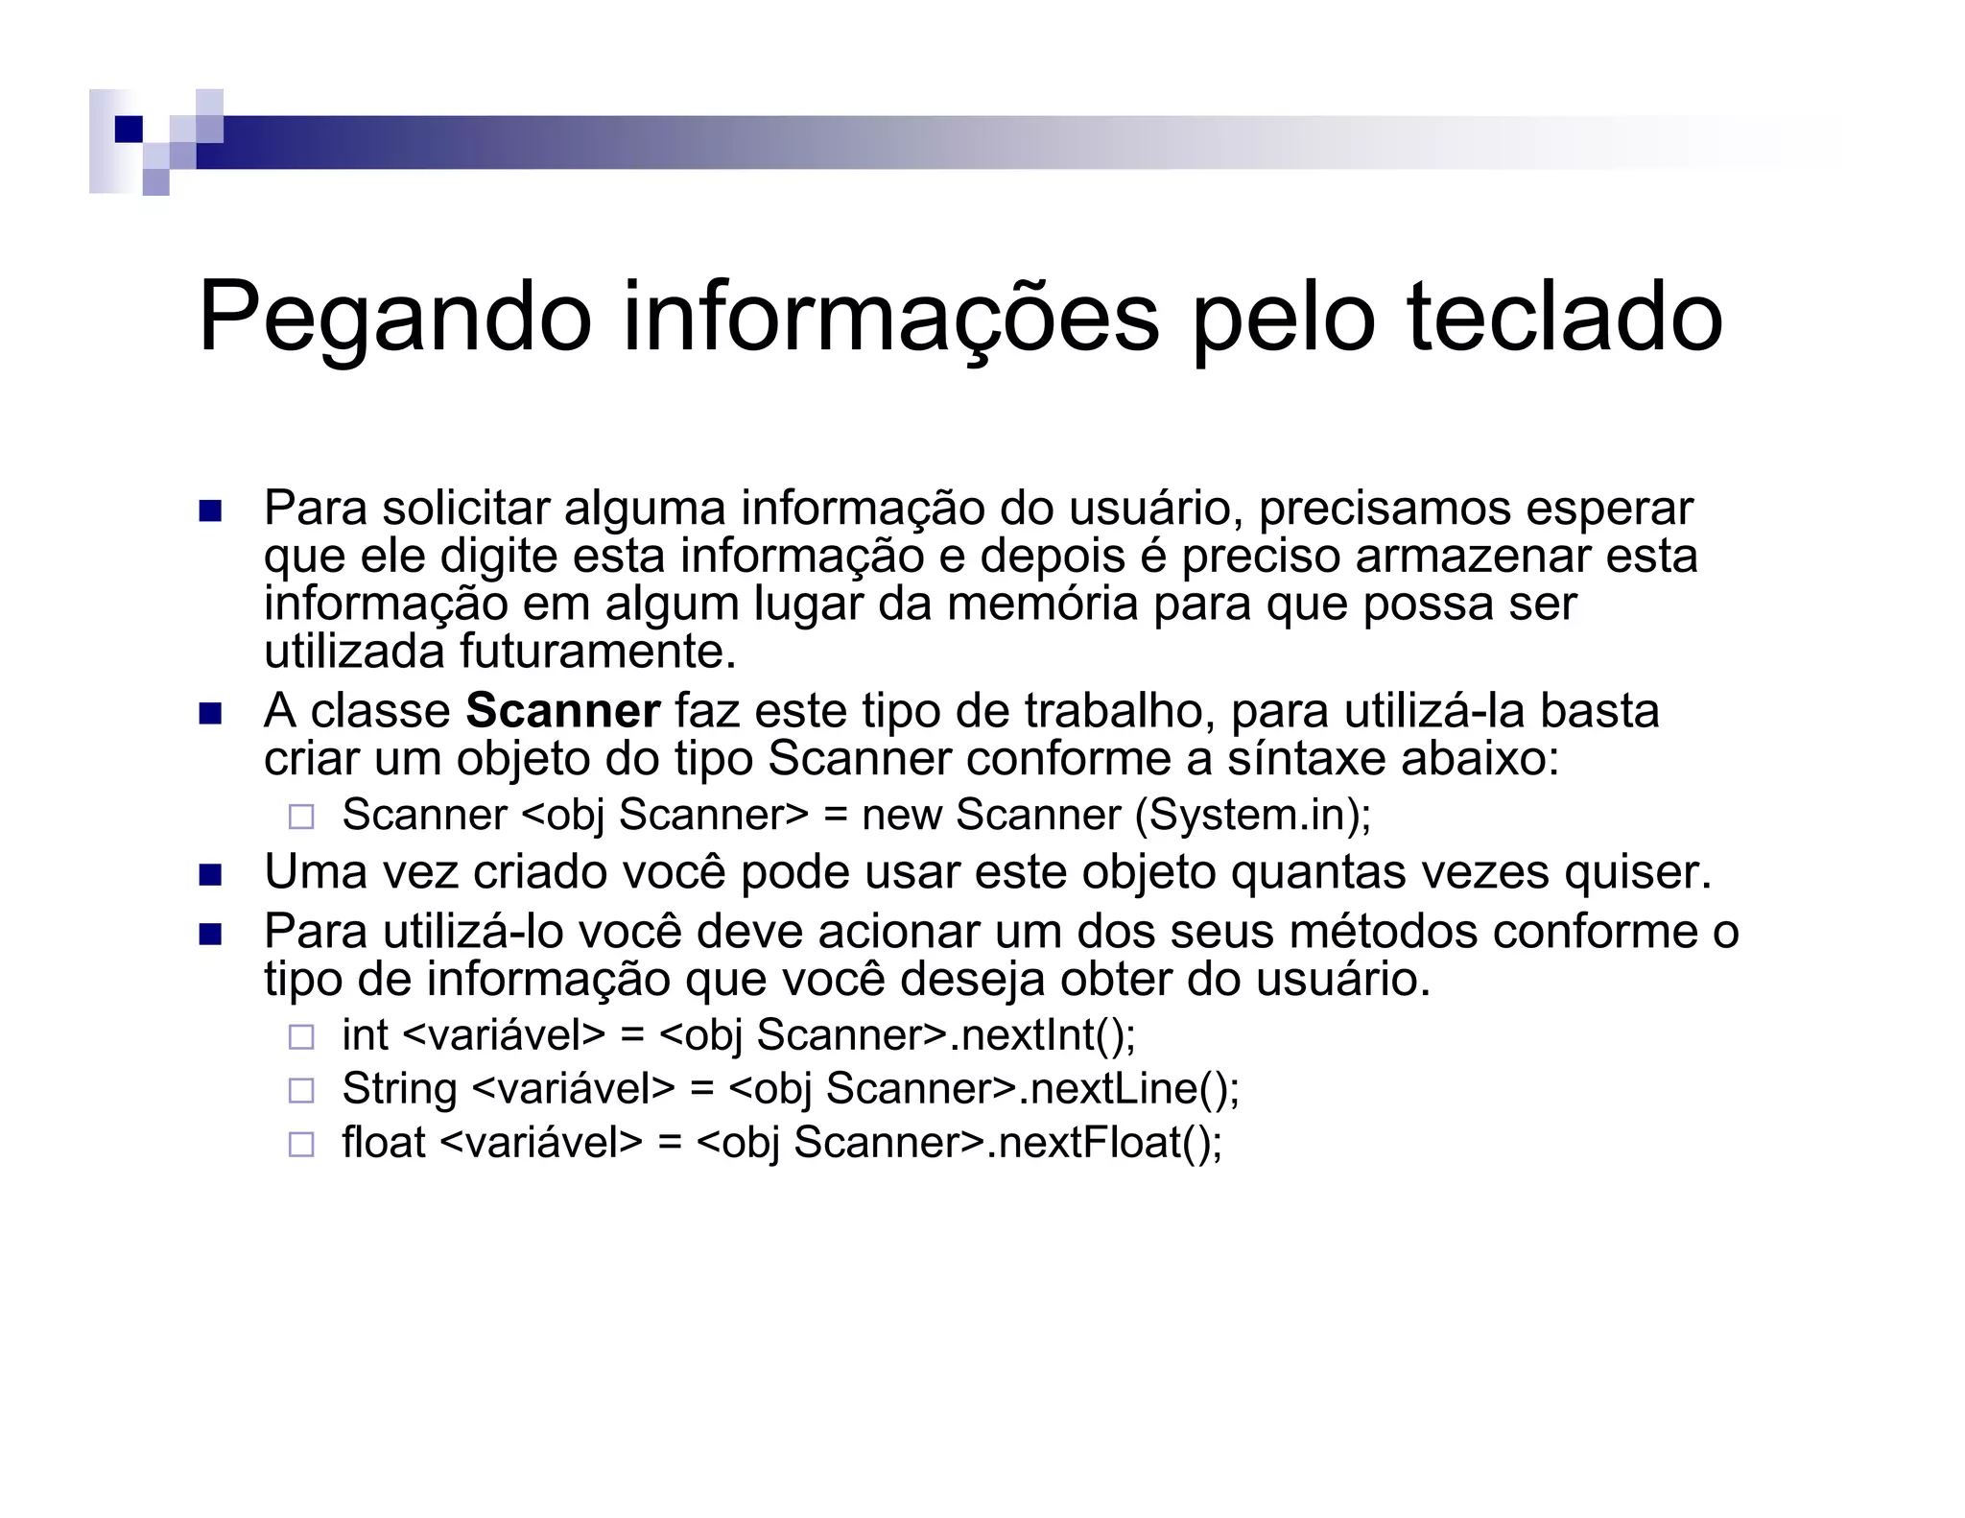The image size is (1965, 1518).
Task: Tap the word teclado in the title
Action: (1564, 317)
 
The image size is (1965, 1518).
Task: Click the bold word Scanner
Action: (562, 711)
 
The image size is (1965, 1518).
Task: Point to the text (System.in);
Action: (1253, 815)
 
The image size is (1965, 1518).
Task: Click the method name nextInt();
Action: (1049, 1034)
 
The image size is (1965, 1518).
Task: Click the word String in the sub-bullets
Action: (399, 1088)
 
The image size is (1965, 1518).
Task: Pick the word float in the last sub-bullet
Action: (383, 1142)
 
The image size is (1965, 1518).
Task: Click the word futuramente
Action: (598, 652)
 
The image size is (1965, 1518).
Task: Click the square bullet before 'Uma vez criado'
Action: (209, 874)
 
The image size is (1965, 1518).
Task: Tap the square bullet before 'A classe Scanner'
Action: (209, 713)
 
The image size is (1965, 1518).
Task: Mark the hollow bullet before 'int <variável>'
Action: (301, 1036)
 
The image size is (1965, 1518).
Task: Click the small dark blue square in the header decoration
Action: (128, 129)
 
